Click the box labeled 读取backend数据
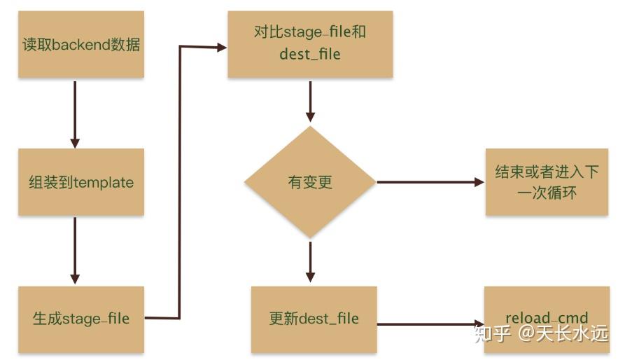[81, 44]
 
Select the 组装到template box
[81, 182]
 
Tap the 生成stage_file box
[81, 319]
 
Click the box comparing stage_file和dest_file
[310, 44]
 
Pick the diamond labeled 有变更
[310, 182]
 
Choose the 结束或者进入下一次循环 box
[547, 182]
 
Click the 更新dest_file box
[314, 319]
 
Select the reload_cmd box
[547, 319]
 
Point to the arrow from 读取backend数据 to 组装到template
[75, 115]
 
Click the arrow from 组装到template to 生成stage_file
[75, 251]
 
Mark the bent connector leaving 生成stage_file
[179, 182]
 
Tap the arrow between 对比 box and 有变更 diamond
[310, 102]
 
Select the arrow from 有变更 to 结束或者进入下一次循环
[430, 182]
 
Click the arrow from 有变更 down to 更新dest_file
[310, 262]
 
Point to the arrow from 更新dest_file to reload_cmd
[430, 324]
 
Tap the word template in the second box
[104, 183]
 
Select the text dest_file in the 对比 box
[310, 54]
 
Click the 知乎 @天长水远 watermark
[541, 333]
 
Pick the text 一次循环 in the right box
[547, 193]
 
